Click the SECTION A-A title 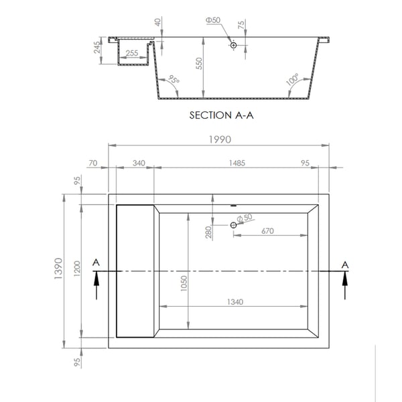tap(222, 115)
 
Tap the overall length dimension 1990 tap(220, 139)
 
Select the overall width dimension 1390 tap(59, 269)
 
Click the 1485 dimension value tap(237, 163)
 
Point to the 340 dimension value tap(139, 163)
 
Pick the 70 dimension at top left tap(93, 163)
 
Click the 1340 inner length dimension tap(235, 301)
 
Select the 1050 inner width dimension tap(184, 283)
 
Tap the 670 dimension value tap(267, 231)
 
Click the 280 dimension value tap(208, 232)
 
